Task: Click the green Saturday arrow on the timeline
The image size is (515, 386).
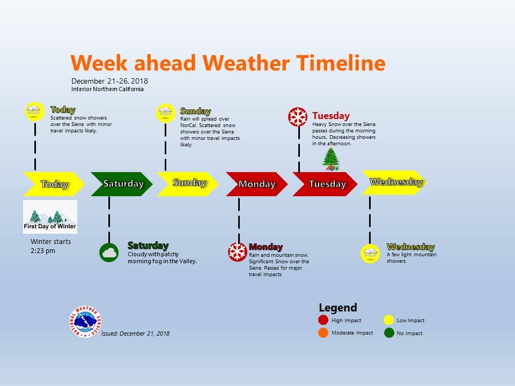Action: (x=122, y=184)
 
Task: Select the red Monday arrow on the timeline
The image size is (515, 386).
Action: (x=257, y=184)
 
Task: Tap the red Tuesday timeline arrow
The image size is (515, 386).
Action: (x=325, y=184)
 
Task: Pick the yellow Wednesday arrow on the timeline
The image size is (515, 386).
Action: (x=394, y=182)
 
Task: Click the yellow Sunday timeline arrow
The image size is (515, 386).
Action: (x=188, y=184)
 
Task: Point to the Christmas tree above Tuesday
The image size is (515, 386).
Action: (x=331, y=159)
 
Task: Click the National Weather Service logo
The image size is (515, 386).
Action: (x=85, y=322)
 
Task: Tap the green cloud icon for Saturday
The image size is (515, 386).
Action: (x=109, y=253)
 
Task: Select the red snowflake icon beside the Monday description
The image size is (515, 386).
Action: (x=238, y=252)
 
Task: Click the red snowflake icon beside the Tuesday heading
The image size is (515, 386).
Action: (x=298, y=117)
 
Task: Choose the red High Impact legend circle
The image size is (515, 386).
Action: (x=323, y=320)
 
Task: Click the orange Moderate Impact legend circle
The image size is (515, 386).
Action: (x=323, y=332)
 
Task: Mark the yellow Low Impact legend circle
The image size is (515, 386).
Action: (x=388, y=320)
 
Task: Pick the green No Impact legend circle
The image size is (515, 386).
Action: (x=389, y=332)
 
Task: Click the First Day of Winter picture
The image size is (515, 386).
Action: (x=50, y=217)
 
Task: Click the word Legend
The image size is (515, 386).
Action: (x=338, y=308)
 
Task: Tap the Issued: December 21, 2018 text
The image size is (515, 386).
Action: (x=136, y=333)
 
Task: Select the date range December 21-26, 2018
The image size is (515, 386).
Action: (x=109, y=81)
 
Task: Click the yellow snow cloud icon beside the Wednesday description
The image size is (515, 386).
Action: (x=371, y=254)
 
